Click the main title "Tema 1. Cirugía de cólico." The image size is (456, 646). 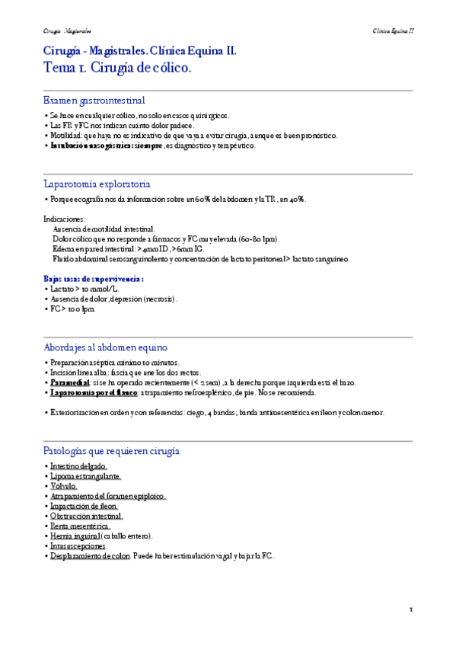[x=118, y=68]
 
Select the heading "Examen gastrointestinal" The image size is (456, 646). [x=94, y=100]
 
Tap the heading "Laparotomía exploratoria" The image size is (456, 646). [x=97, y=184]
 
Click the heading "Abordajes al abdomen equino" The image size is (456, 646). [x=106, y=347]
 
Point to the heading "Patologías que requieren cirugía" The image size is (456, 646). [x=112, y=451]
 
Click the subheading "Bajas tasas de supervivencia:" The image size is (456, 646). [x=94, y=279]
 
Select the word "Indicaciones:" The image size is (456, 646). [x=65, y=219]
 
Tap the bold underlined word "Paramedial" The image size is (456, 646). [x=71, y=382]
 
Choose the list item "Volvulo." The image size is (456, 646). [x=63, y=485]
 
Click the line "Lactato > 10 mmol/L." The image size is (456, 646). [x=78, y=289]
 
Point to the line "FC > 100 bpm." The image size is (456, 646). [x=70, y=309]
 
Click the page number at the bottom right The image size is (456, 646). [x=411, y=609]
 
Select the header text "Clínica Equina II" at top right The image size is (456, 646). [x=393, y=30]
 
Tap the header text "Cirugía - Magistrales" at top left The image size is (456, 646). [x=67, y=30]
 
